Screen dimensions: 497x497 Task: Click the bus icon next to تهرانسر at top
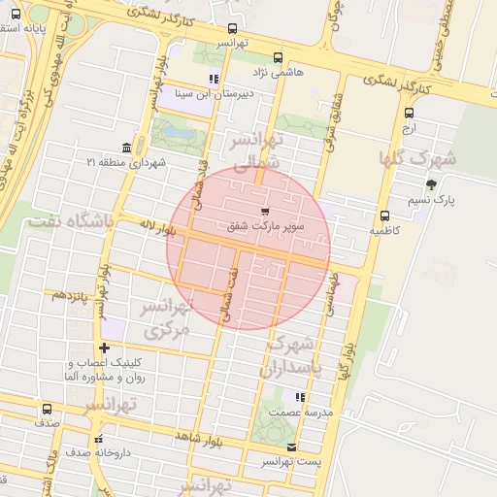click(231, 29)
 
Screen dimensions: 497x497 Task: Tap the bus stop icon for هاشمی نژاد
click(279, 57)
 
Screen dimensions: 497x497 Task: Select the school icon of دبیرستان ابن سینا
click(214, 79)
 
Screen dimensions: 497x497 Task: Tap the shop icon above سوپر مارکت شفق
click(265, 211)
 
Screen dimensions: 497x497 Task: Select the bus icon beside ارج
click(408, 113)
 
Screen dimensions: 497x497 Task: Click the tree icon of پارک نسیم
click(431, 184)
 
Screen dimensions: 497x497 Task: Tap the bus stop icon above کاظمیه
click(384, 216)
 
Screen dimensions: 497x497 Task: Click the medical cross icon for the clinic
click(104, 348)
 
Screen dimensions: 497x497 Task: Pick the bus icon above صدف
click(48, 409)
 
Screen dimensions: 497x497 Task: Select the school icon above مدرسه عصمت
click(300, 397)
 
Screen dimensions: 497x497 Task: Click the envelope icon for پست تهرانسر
click(292, 447)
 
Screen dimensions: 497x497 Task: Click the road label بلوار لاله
click(155, 227)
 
